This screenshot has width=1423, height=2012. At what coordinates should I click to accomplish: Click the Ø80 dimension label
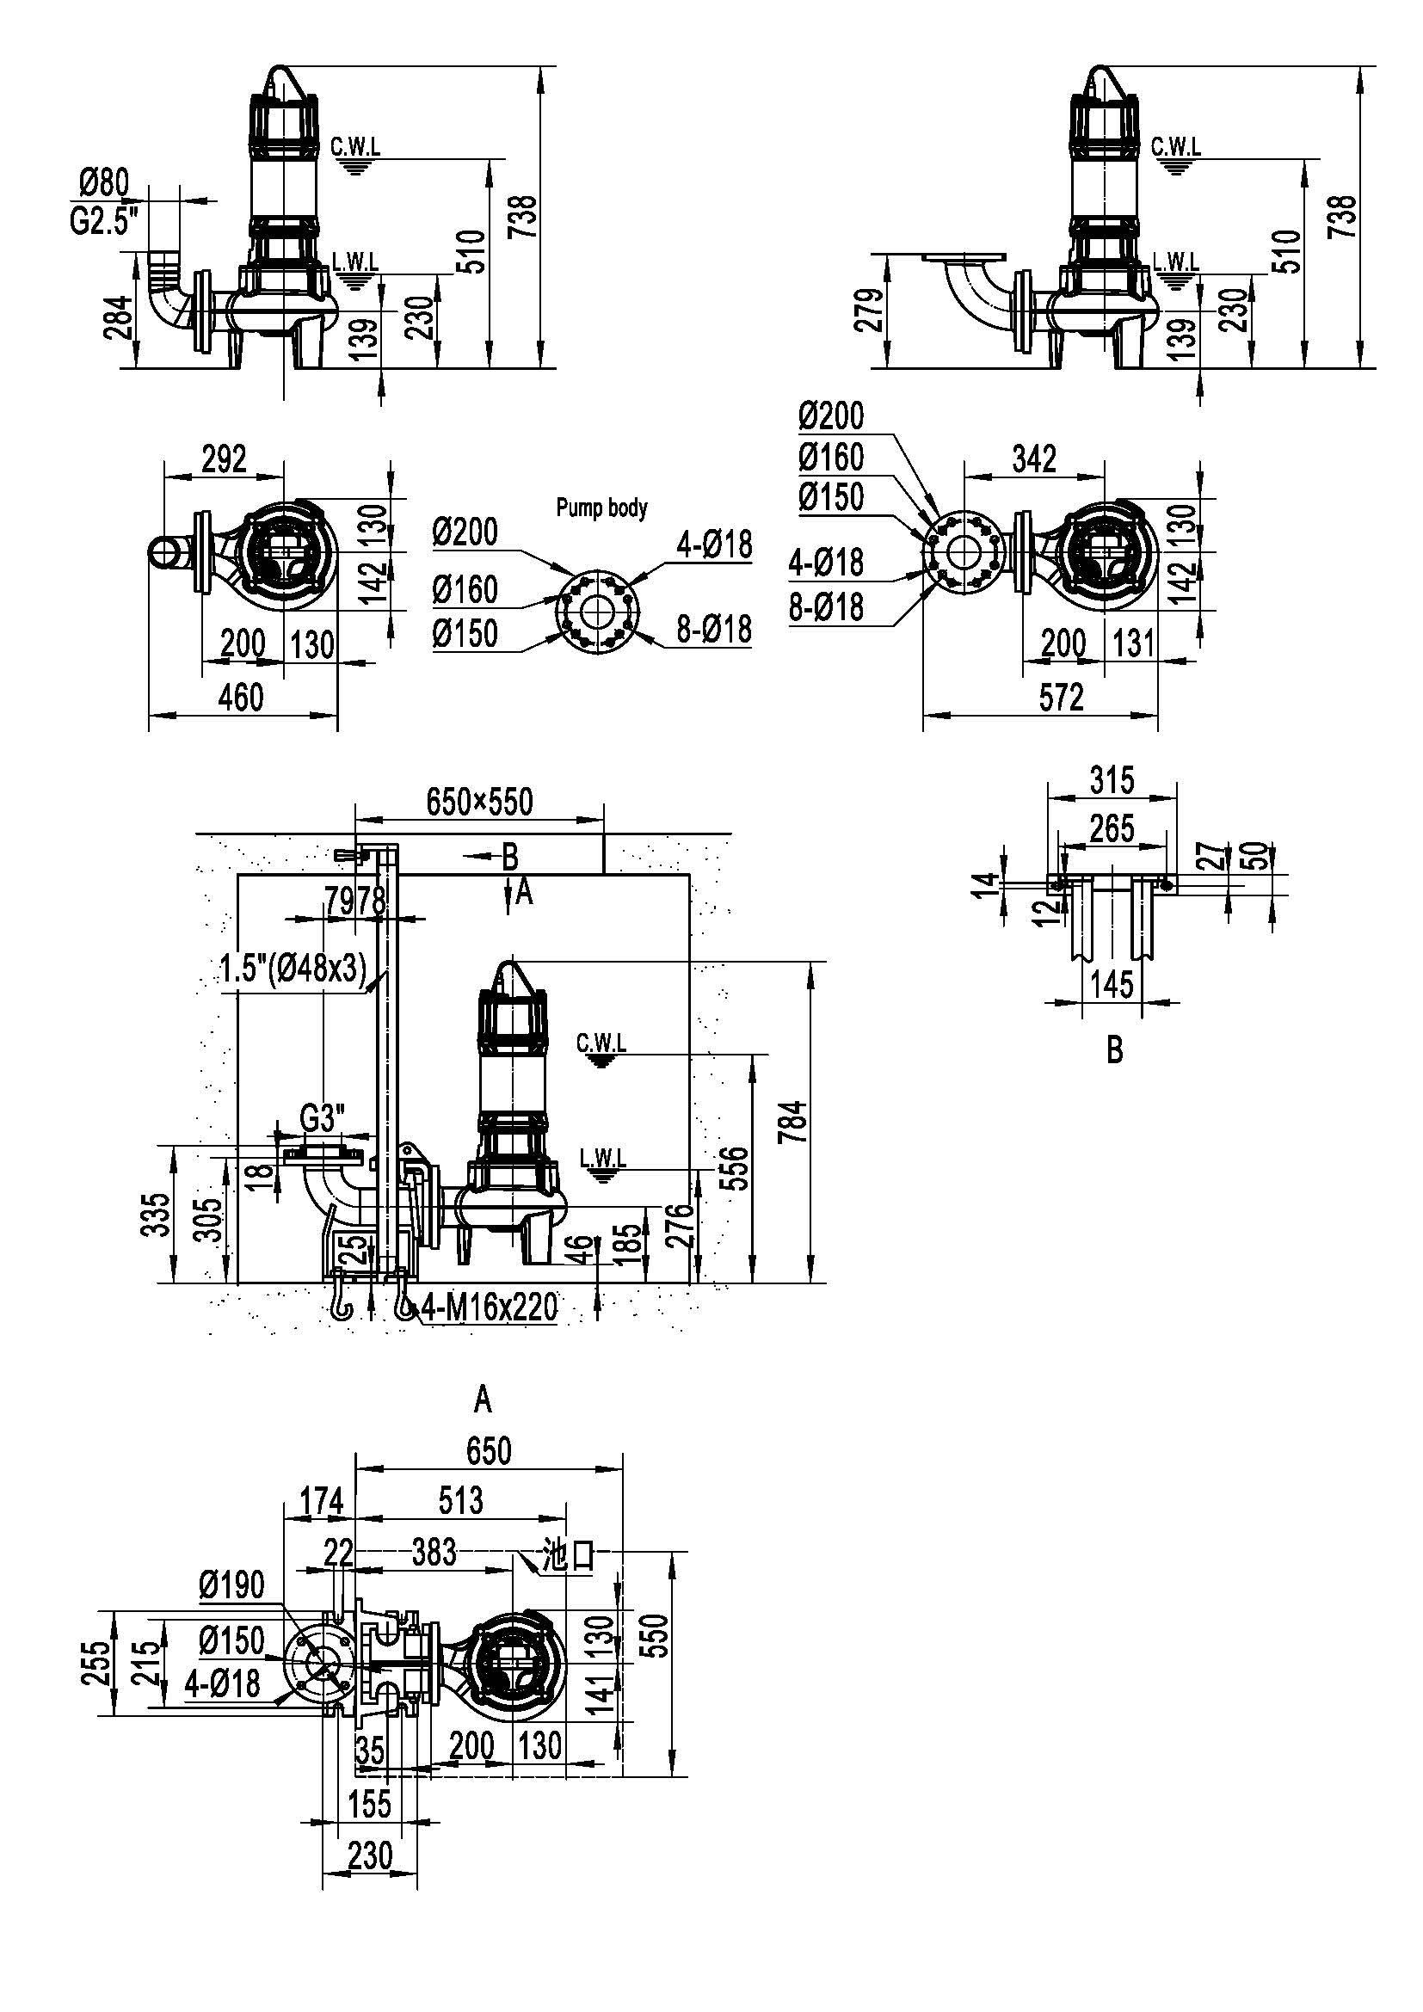coord(103,184)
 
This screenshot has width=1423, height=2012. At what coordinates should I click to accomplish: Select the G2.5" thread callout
coord(105,221)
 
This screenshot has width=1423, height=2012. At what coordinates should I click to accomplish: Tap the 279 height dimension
coord(867,311)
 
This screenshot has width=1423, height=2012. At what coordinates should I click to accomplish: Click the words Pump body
coord(602,508)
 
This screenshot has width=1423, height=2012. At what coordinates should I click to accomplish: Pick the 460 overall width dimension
coord(240,698)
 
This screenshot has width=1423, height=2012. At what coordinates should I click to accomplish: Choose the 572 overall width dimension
coord(1061,698)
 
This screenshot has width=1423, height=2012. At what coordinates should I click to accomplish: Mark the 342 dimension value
coord(1034,458)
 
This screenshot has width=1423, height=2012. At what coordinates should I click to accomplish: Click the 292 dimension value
coord(225,458)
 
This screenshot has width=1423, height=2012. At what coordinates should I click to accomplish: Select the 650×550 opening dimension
coord(479,801)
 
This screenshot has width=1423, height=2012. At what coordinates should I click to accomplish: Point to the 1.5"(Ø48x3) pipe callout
coord(293,969)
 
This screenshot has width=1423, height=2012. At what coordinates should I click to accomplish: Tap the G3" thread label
coord(323,1119)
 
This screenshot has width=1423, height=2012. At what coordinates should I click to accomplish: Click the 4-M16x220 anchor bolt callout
coord(490,1307)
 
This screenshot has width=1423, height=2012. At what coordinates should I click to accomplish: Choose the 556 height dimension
coord(739,1167)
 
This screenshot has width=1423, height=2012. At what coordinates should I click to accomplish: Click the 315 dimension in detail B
coord(1112,779)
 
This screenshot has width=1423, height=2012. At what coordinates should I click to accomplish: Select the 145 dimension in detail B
coord(1112,984)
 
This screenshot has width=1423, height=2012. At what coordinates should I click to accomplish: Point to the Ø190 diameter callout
coord(231,1584)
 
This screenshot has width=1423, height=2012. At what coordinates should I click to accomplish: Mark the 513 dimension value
coord(461,1500)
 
